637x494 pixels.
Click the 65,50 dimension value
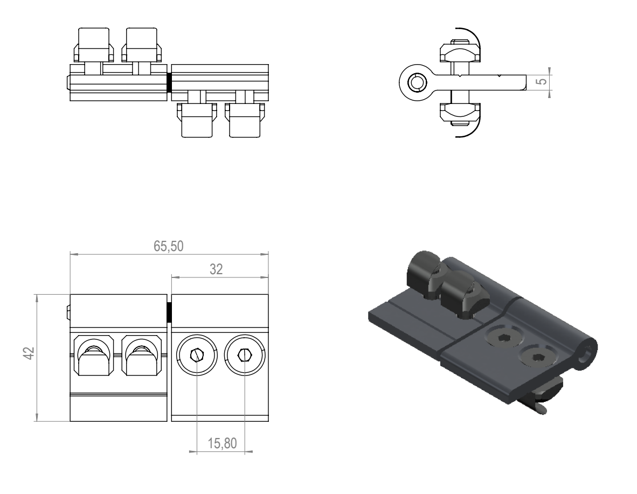[x=169, y=246]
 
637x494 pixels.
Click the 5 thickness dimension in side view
[x=543, y=82]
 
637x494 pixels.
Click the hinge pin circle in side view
[x=416, y=82]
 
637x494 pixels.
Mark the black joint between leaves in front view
[x=169, y=312]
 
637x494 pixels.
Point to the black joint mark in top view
[x=169, y=82]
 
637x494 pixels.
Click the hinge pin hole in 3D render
[x=586, y=355]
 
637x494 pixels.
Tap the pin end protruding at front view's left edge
[x=67, y=311]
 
